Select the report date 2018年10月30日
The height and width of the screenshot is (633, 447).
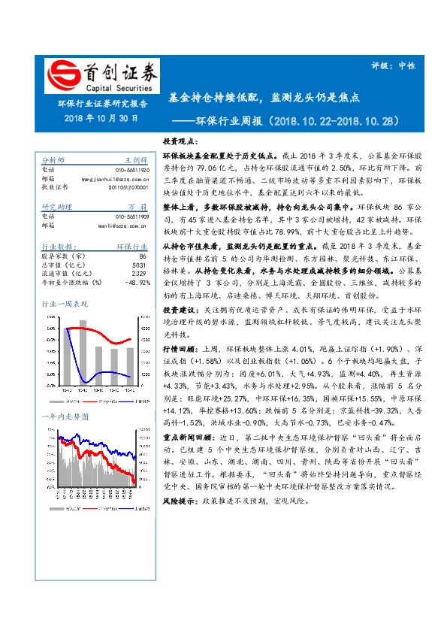click(101, 118)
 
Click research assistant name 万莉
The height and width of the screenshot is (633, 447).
click(137, 206)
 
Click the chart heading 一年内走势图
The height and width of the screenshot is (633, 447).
click(63, 416)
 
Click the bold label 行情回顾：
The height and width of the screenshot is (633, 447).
click(181, 329)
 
